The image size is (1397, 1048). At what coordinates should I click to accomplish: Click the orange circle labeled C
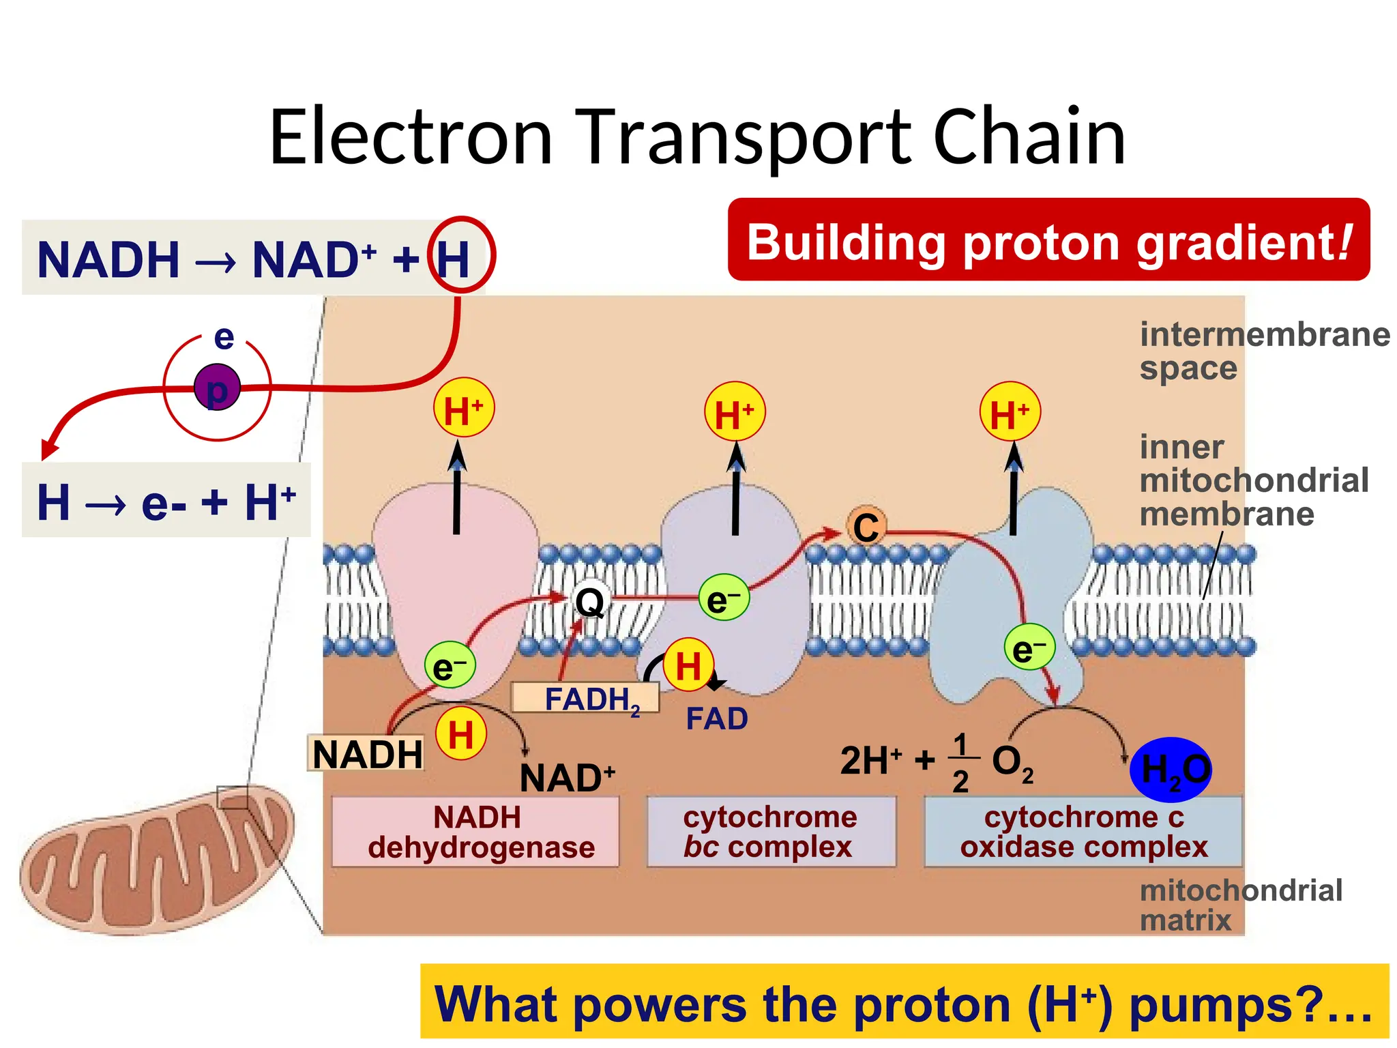point(866,527)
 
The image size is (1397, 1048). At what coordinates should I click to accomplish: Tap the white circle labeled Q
point(589,602)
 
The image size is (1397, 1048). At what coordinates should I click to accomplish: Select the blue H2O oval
point(1171,770)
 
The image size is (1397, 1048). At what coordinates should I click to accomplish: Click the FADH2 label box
point(585,699)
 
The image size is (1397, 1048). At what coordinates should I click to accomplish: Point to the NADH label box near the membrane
point(366,753)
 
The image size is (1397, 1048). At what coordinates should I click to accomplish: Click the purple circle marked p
point(216,388)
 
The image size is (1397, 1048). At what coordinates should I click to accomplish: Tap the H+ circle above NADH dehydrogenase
point(464,409)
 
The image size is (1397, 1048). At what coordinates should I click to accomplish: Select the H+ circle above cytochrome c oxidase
point(1010,411)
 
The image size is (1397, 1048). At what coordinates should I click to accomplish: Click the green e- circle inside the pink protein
point(450,665)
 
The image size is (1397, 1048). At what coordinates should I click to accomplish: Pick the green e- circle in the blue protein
point(1029,647)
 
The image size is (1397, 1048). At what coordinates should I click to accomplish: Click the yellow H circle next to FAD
point(688,664)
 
